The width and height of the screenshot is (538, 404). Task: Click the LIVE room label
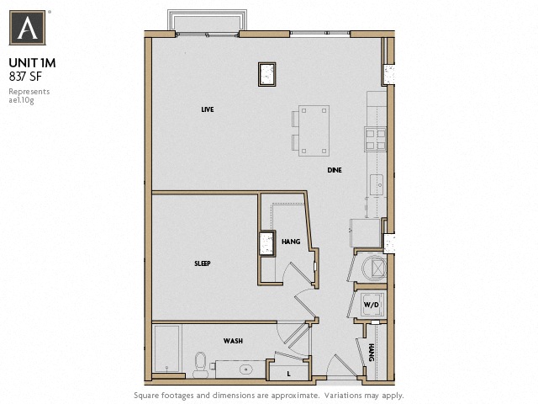click(x=207, y=110)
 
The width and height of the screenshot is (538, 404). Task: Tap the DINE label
click(x=335, y=170)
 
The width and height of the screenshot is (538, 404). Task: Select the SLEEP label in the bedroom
click(x=202, y=263)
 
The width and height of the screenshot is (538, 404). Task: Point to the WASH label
click(x=233, y=341)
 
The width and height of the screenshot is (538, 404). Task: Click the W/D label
click(x=371, y=305)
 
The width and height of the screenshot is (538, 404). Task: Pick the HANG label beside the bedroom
click(x=291, y=242)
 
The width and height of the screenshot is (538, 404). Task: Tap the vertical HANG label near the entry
click(x=371, y=352)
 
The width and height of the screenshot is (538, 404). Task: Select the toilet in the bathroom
click(x=199, y=364)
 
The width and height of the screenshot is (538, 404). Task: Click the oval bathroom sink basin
click(x=245, y=369)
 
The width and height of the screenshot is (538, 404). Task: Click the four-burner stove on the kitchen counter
click(x=374, y=136)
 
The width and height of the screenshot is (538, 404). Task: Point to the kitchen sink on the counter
click(x=377, y=182)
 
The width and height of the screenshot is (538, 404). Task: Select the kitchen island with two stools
click(x=313, y=130)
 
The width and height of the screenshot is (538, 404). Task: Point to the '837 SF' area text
click(x=25, y=76)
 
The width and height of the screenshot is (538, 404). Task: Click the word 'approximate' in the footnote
click(x=291, y=395)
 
